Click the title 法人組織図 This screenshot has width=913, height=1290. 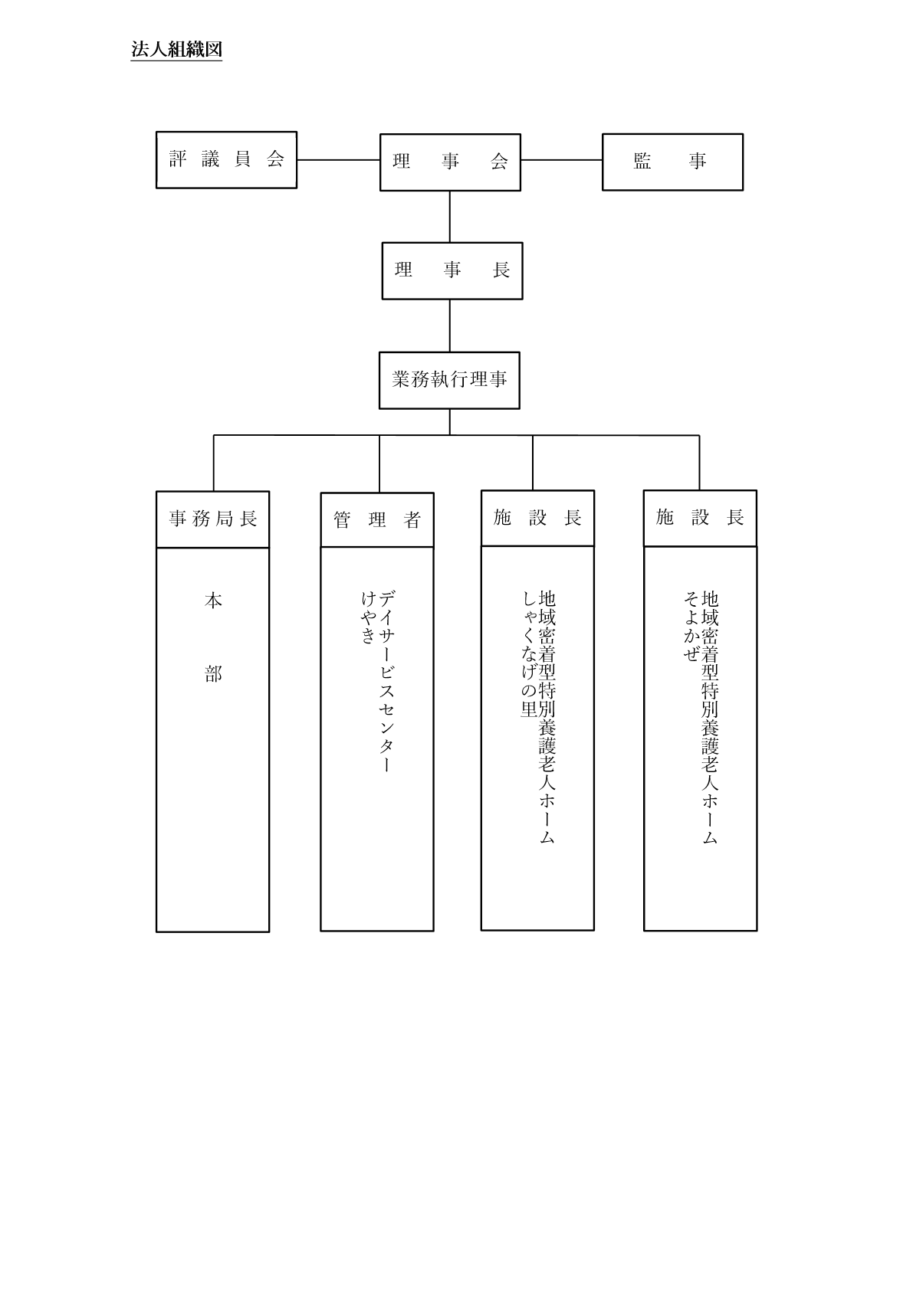coord(176,50)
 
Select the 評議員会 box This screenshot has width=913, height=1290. coord(226,159)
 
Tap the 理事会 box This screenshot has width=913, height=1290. coord(450,162)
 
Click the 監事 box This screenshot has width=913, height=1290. coord(672,162)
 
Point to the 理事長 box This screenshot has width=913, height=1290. coord(452,270)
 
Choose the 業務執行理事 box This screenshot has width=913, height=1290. coord(449,381)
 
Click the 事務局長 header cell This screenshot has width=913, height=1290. coord(212,519)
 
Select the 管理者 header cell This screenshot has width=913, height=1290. coord(377,520)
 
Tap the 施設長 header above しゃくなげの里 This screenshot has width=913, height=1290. coord(538,518)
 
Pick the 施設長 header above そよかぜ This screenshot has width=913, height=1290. coord(701,518)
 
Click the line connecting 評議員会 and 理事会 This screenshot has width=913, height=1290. coord(338,159)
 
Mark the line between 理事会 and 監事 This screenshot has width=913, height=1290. coord(561,160)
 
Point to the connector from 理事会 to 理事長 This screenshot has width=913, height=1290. coord(449,217)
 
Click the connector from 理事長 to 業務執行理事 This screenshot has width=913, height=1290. coord(449,326)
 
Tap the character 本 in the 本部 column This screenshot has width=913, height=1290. coord(213,601)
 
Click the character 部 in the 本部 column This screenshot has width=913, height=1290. coord(213,674)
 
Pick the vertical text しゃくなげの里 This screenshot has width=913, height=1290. coord(529,654)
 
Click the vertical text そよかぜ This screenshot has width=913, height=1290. coord(691,627)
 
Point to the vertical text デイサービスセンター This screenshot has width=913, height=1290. coord(387,681)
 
